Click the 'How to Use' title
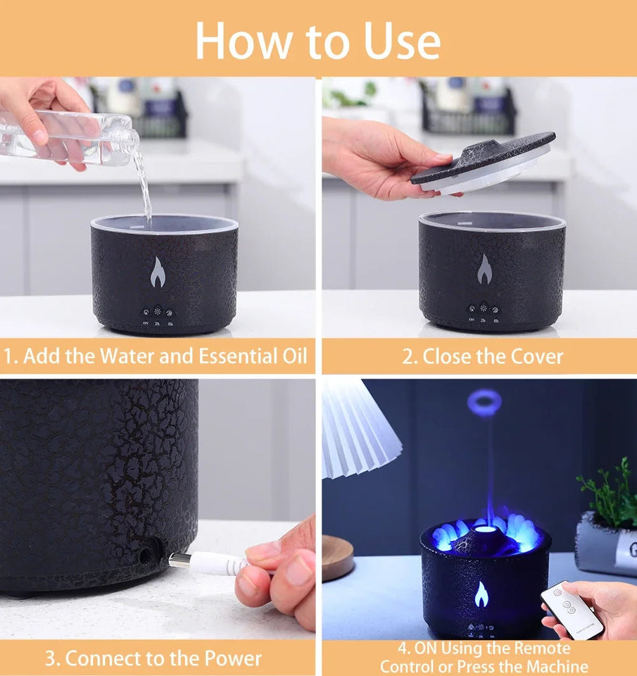point(318,40)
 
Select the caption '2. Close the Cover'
point(482,356)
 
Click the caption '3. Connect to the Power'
point(153,659)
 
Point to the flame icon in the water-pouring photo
point(158,273)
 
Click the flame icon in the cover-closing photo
point(484,269)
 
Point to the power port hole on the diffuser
point(146,555)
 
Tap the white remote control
point(571,610)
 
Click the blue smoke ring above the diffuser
point(484,402)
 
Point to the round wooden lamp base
point(339,556)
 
